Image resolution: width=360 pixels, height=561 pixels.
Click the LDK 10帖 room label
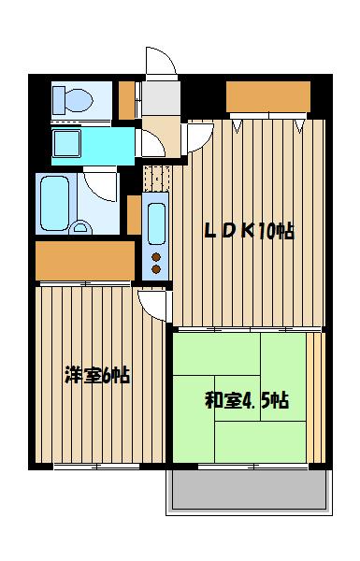(249, 231)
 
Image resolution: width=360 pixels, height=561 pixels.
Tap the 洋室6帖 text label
(97, 375)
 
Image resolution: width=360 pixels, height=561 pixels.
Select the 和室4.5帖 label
(247, 400)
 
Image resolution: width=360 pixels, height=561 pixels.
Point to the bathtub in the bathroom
(55, 203)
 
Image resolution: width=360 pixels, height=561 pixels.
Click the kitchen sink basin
(156, 223)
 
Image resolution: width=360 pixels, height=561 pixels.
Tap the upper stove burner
(156, 257)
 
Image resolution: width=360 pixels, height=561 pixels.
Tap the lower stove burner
(156, 269)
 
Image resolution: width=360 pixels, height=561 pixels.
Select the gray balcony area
(249, 489)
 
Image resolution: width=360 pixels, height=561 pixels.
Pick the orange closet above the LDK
(268, 96)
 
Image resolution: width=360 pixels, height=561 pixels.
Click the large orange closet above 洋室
(85, 261)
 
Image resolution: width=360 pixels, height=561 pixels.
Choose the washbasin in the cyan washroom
(66, 143)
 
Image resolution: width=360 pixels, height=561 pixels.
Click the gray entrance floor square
(161, 97)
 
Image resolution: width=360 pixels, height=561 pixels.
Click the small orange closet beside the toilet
(126, 100)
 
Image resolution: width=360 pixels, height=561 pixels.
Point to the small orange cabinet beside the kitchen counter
(134, 215)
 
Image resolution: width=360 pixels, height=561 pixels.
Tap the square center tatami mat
(238, 398)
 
